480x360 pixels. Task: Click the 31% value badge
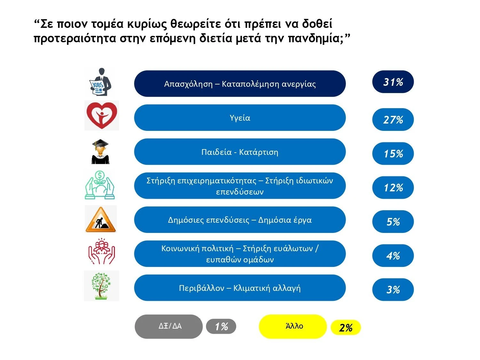(x=393, y=82)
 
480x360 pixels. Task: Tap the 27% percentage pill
(x=393, y=120)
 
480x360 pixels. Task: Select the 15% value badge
(x=393, y=154)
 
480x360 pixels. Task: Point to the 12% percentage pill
(x=393, y=188)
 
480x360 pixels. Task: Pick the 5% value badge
(x=393, y=221)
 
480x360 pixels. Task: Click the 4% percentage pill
(x=393, y=256)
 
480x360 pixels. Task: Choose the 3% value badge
(x=393, y=290)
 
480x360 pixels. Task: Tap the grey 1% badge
(x=221, y=327)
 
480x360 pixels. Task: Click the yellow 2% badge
(x=346, y=328)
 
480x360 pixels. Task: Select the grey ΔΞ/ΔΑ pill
(x=169, y=326)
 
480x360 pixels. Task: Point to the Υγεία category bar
(x=240, y=118)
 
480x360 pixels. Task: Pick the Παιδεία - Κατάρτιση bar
(x=240, y=152)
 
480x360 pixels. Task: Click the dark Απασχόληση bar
(x=240, y=84)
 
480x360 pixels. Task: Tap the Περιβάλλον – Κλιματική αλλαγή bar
(x=240, y=288)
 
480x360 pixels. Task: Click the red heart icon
(x=102, y=116)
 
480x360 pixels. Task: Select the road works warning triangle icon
(x=101, y=220)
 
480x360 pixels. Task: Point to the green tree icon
(x=101, y=286)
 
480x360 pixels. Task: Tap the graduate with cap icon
(x=100, y=152)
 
